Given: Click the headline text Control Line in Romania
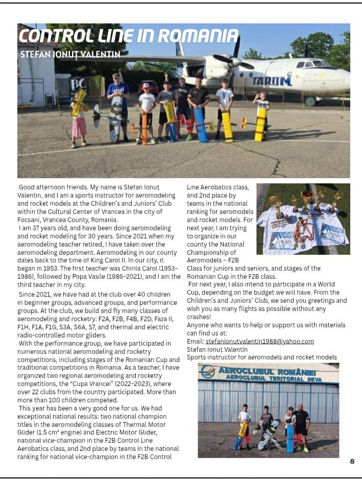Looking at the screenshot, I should click(128, 36).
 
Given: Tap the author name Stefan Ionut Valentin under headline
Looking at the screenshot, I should click(70, 54).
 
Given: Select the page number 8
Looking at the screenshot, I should click(352, 461).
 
